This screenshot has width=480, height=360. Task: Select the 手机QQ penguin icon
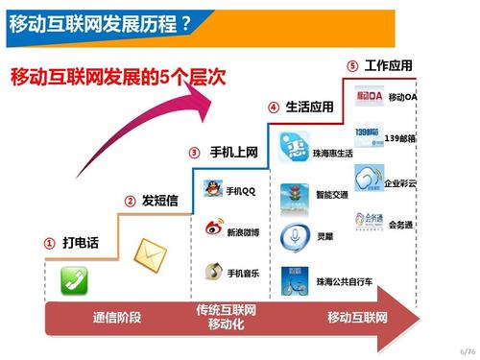[x=213, y=188]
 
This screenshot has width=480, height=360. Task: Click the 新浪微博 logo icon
[x=214, y=229]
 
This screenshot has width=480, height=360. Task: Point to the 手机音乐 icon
[x=214, y=273]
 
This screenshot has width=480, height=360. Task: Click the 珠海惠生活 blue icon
[x=293, y=150]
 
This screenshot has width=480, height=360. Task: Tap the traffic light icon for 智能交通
[x=291, y=197]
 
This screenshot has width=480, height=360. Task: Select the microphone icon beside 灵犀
[x=291, y=236]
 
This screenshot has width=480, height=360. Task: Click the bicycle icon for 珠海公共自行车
[x=291, y=281]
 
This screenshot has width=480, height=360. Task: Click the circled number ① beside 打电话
[x=49, y=244]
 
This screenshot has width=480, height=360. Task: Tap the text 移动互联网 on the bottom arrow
[x=357, y=317]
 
